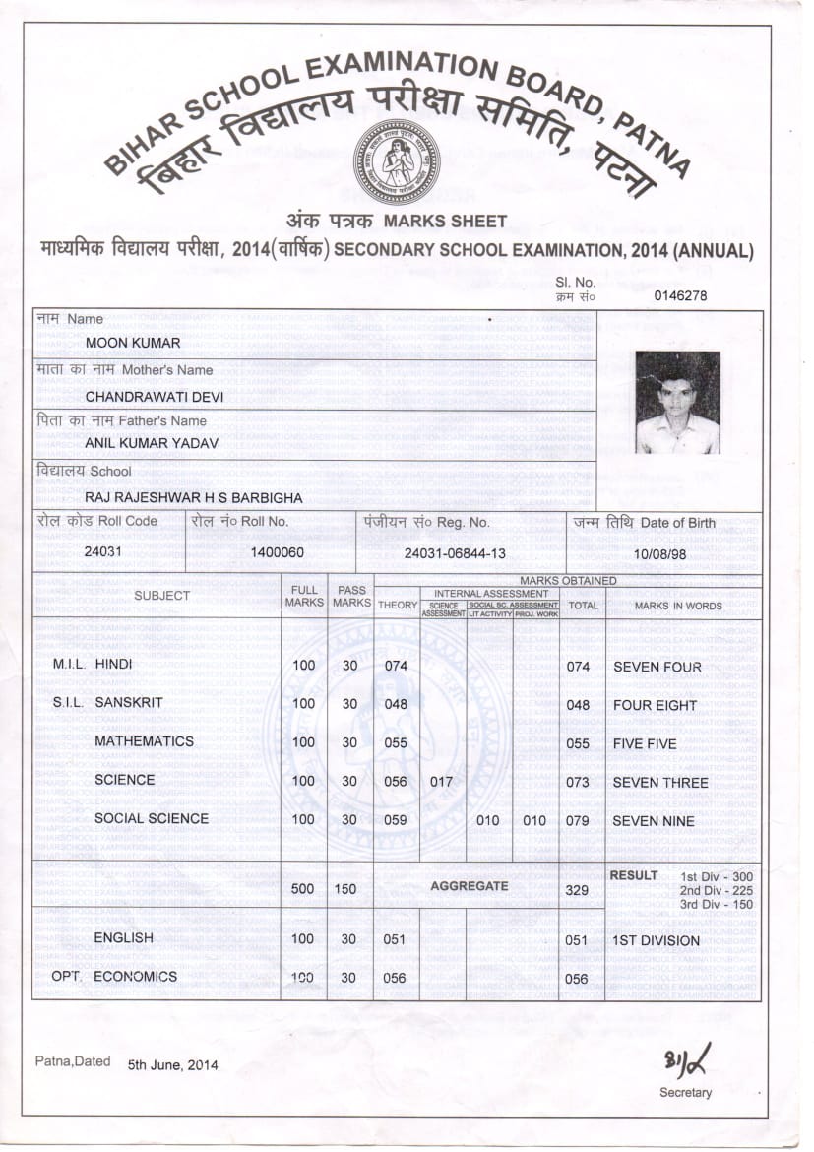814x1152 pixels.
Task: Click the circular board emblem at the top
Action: [x=397, y=161]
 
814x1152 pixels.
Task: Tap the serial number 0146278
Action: [x=681, y=294]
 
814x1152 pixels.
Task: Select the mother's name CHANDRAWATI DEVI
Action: [x=155, y=397]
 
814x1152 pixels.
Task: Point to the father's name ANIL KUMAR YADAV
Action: [x=152, y=444]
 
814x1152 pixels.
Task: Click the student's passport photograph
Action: [x=677, y=402]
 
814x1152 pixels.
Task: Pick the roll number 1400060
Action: [x=277, y=552]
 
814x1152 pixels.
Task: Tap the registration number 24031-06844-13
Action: [x=455, y=553]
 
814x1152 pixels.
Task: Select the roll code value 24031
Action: [x=103, y=552]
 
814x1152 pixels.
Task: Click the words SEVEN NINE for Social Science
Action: [x=654, y=821]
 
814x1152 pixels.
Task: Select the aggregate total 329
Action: [x=578, y=890]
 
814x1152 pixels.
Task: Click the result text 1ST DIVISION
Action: [x=657, y=940]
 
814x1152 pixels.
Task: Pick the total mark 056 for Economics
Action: [x=577, y=979]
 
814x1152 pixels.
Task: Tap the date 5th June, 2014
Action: [x=172, y=1065]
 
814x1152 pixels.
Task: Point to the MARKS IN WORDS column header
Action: [x=678, y=606]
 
